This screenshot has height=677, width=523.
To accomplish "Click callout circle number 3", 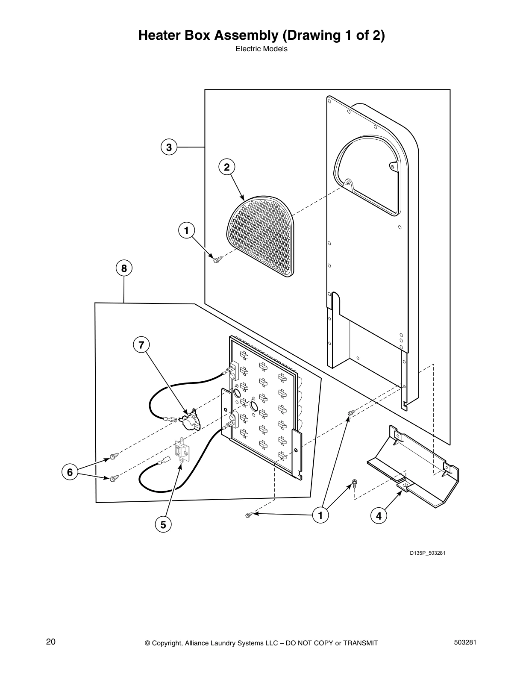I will [x=169, y=147].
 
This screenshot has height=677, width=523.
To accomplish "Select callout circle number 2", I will [x=227, y=167].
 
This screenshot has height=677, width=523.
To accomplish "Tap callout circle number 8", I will [x=124, y=268].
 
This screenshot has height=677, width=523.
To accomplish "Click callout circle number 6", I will [x=70, y=472].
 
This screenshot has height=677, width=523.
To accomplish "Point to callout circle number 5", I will [x=163, y=524].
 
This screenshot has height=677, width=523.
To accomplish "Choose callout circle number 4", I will [x=379, y=516].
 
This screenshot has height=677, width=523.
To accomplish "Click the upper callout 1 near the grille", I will [x=186, y=231].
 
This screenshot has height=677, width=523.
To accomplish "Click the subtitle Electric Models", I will [x=261, y=49].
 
